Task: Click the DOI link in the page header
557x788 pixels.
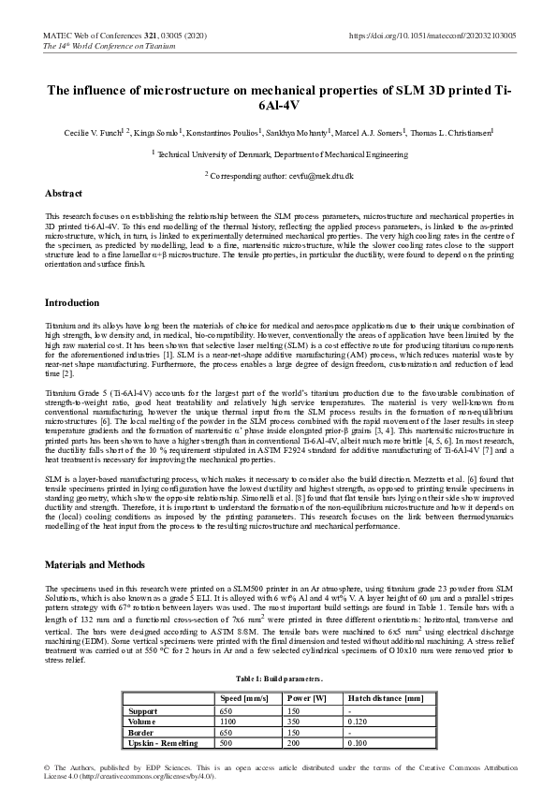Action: point(432,35)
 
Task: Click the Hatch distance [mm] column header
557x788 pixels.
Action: point(386,698)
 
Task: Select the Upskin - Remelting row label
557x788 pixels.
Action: point(163,743)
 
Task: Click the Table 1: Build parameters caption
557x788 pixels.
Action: point(279,678)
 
